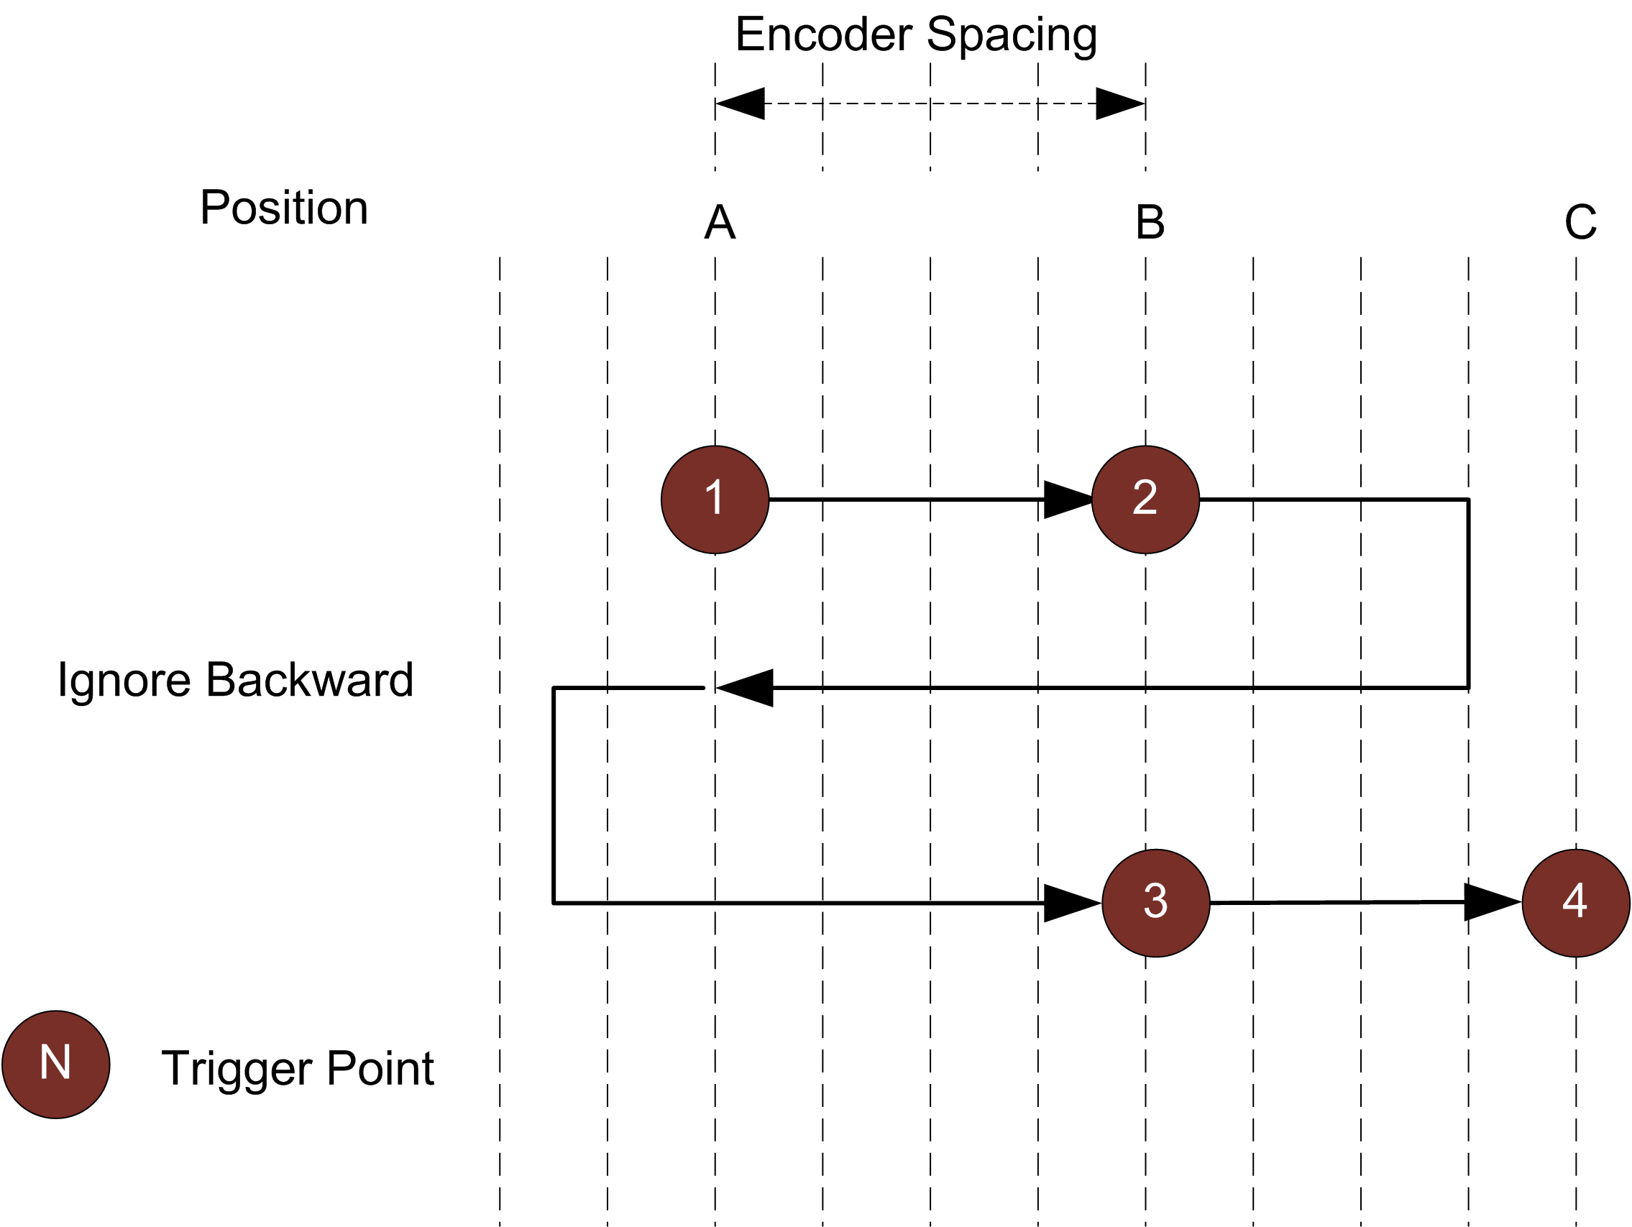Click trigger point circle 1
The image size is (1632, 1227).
[714, 500]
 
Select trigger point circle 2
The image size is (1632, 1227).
[1145, 500]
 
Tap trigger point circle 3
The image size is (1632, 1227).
[1155, 903]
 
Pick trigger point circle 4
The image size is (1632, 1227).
[1575, 903]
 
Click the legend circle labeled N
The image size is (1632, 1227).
[56, 1065]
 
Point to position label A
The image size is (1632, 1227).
[720, 222]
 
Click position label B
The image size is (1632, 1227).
[1150, 222]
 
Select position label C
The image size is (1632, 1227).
[1580, 222]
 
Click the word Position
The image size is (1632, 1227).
[284, 208]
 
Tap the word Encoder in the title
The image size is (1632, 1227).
[823, 35]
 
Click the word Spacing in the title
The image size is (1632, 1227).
[1012, 35]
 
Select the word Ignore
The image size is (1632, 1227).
[124, 679]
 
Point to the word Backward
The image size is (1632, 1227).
[310, 679]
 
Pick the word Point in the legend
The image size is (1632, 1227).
[380, 1068]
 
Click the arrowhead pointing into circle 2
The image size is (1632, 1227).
[1067, 500]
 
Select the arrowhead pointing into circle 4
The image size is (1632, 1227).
[1491, 902]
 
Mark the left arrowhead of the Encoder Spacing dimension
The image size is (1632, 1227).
[740, 104]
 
